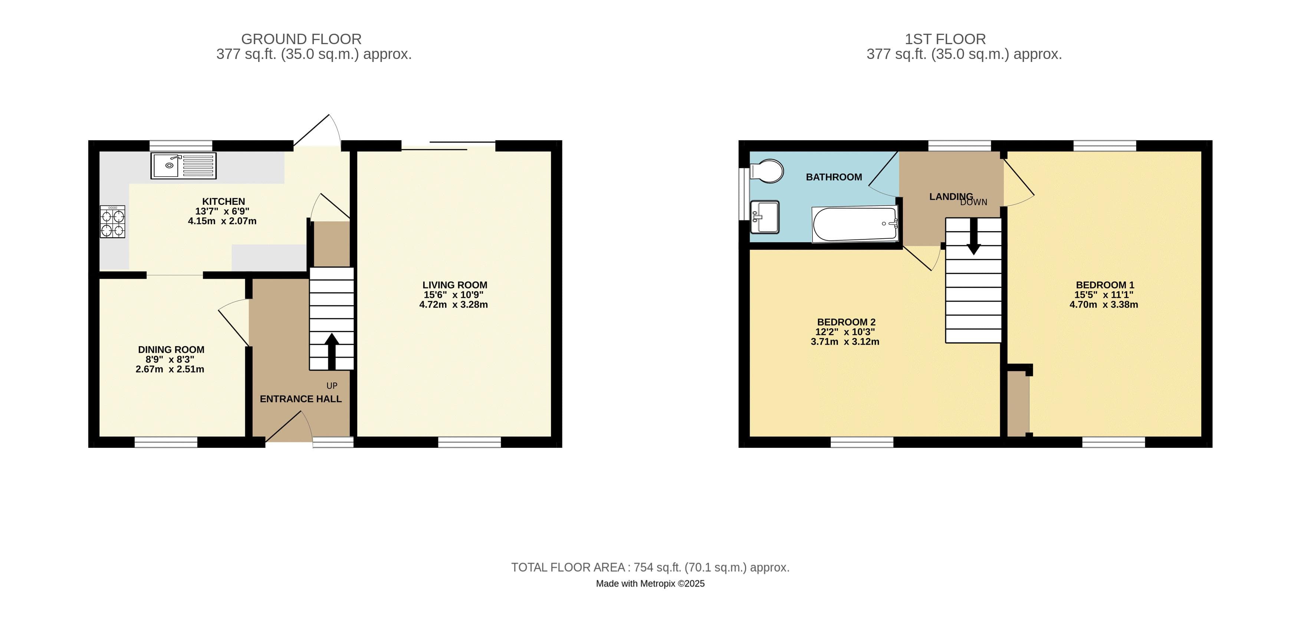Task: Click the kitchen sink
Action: point(183,166)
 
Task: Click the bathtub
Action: point(855,224)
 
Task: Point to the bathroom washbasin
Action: point(765,217)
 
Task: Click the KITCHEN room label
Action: point(223,201)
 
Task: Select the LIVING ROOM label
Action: point(454,285)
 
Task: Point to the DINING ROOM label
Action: point(171,349)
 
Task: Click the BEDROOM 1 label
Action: point(1104,285)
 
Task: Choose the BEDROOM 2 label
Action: point(846,322)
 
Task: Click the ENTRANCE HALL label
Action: point(300,398)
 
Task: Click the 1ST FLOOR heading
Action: point(945,39)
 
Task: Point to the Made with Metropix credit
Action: point(650,584)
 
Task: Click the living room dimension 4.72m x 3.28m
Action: point(453,305)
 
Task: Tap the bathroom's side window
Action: point(743,194)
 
